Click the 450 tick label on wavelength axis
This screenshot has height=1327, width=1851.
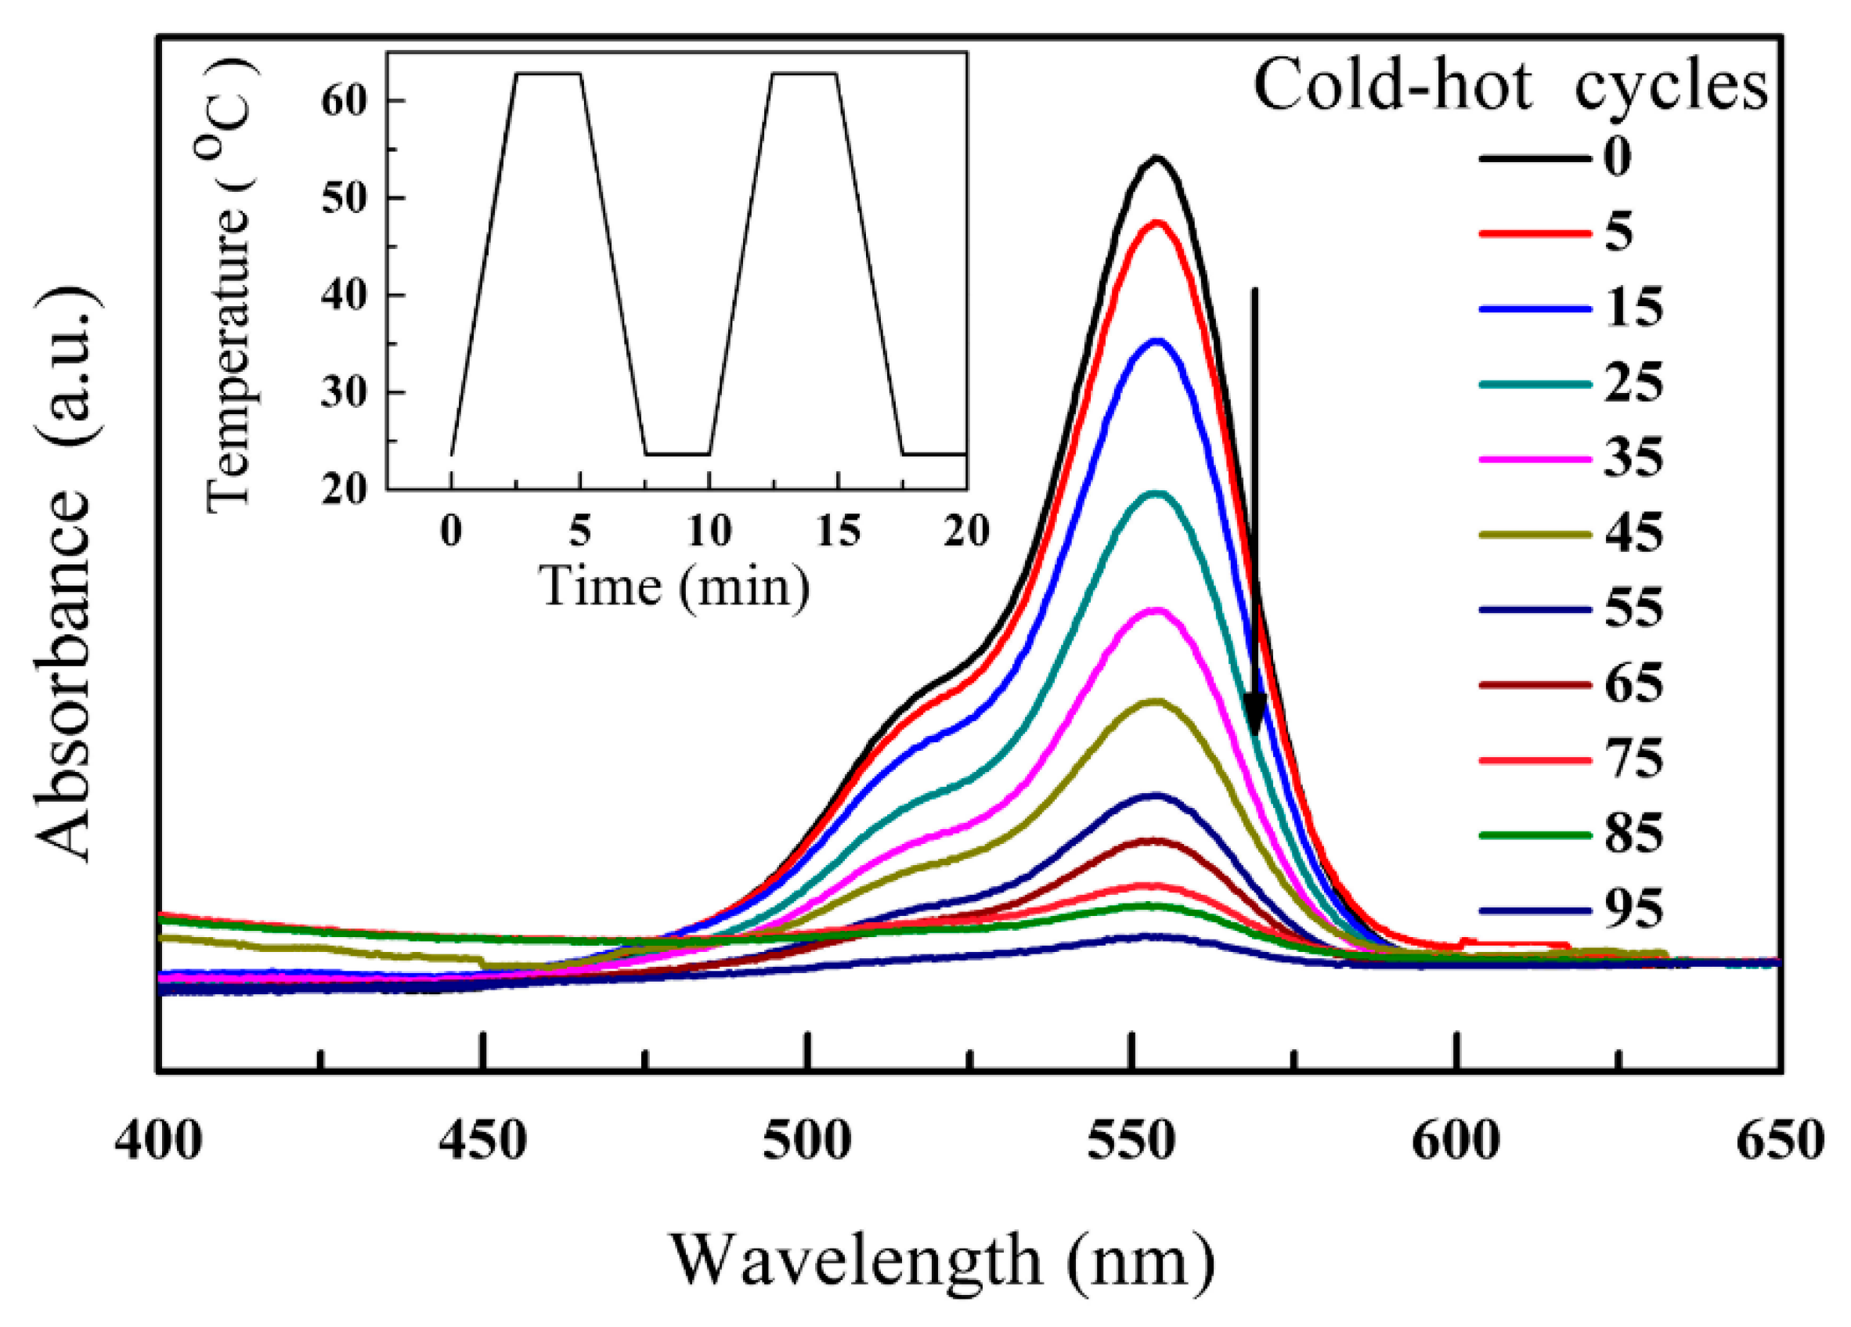[483, 1140]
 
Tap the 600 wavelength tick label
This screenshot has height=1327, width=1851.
[1455, 1140]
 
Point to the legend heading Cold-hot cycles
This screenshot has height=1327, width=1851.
[1510, 85]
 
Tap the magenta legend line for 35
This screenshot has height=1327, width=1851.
[1535, 460]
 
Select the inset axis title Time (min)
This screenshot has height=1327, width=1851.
[676, 586]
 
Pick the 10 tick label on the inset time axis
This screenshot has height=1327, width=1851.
[709, 532]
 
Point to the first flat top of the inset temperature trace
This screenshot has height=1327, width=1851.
[547, 74]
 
